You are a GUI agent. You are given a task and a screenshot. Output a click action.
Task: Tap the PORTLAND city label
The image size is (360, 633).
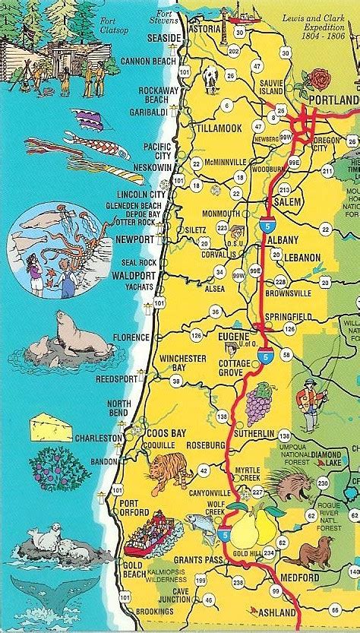click(333, 100)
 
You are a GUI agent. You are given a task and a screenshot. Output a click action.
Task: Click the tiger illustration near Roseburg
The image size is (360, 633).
click(169, 470)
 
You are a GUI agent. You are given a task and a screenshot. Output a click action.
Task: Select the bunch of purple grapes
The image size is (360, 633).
click(259, 402)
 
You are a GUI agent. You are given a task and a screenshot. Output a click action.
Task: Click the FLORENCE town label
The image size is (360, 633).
click(131, 336)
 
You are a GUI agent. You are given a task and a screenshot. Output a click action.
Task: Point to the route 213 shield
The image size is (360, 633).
click(284, 189)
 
